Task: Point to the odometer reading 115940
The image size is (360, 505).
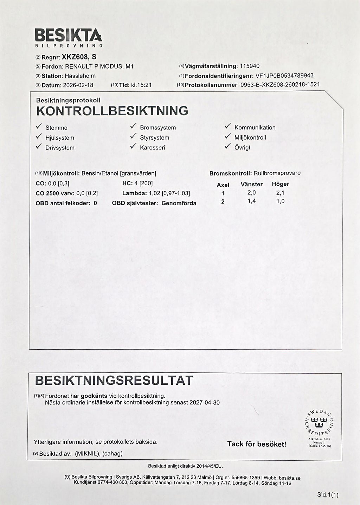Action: (x=250, y=66)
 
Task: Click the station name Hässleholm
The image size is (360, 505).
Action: (x=80, y=76)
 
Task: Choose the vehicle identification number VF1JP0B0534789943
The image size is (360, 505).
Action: (x=284, y=76)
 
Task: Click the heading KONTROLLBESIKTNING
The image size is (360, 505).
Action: (x=112, y=111)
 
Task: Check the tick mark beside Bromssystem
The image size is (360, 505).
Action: (x=133, y=127)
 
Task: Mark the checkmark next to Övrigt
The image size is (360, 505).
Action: (x=228, y=147)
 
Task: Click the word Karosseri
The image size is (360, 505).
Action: (x=152, y=148)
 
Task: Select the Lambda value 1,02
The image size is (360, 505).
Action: (x=154, y=193)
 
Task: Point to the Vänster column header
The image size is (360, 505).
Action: (x=251, y=184)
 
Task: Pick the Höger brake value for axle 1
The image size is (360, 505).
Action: (x=280, y=193)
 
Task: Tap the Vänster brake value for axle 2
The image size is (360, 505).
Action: (x=251, y=201)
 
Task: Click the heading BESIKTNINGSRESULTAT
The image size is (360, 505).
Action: (x=114, y=380)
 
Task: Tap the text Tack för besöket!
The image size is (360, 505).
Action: (x=257, y=444)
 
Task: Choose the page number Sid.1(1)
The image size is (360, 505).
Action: (x=327, y=495)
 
